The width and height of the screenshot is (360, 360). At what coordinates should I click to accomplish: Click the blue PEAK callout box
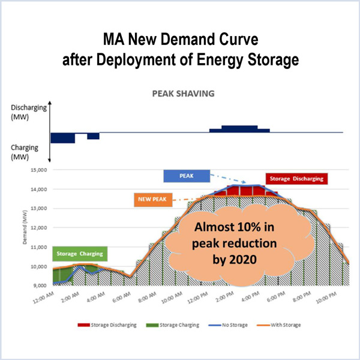(x=187, y=176)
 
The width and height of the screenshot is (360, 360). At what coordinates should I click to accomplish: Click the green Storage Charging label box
(x=79, y=254)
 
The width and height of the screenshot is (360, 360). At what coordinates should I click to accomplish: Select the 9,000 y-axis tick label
(x=38, y=286)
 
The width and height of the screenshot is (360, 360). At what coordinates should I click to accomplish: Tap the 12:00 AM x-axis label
(x=44, y=299)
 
